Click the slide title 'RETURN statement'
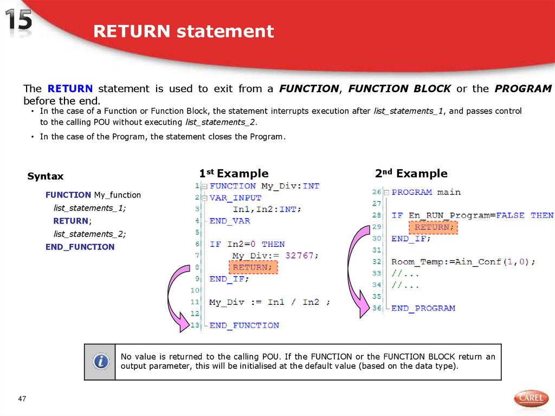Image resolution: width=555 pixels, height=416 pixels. (x=183, y=31)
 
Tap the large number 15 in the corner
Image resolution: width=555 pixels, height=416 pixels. (x=19, y=22)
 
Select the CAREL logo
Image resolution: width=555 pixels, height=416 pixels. (x=530, y=398)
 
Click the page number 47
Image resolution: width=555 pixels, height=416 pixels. (x=22, y=400)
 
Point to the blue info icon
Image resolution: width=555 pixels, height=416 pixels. (x=100, y=362)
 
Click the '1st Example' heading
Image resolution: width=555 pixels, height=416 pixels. (x=234, y=174)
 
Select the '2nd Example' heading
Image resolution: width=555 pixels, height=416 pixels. (x=411, y=174)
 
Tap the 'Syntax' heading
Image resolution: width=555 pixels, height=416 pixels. (x=45, y=176)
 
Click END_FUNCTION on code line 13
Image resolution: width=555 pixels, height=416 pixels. (x=244, y=325)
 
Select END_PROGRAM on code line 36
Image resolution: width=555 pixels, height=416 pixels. (x=423, y=308)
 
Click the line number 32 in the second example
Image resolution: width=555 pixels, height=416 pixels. (x=377, y=261)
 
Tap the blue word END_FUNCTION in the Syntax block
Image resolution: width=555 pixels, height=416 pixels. (x=80, y=247)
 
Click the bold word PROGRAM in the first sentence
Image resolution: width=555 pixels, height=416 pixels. (x=523, y=88)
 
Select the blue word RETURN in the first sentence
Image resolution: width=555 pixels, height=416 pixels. (x=70, y=88)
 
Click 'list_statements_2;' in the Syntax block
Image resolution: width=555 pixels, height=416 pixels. (x=89, y=234)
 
